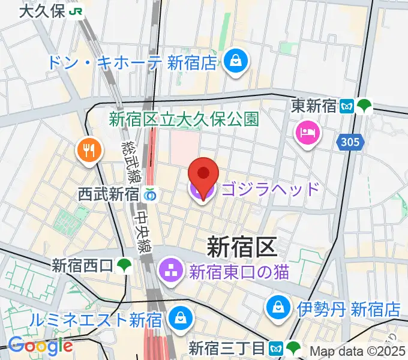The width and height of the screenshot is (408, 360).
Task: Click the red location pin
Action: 203,175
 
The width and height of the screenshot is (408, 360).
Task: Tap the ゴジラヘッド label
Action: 271,190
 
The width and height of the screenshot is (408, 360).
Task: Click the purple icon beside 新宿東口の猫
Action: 171,272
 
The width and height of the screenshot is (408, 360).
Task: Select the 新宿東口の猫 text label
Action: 239,272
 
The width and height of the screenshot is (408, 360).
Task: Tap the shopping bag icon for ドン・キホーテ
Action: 233,61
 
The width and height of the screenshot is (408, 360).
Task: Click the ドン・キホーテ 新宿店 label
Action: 134,62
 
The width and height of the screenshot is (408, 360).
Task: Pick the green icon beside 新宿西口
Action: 125,265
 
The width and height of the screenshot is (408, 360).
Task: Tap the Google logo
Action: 40,346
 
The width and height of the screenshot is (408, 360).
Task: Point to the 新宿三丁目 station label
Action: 226,347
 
